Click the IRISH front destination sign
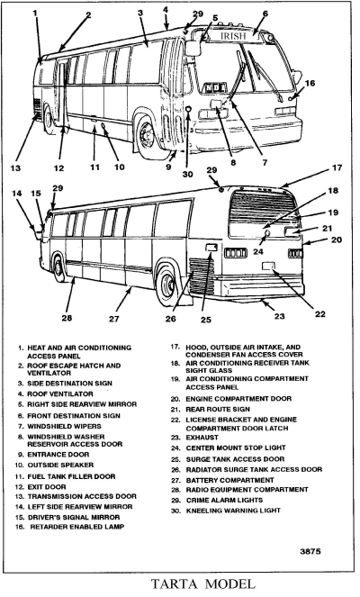(233, 36)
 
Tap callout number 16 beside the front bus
(310, 83)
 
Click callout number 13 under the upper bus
(15, 167)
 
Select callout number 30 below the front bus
(187, 174)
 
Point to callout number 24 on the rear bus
(258, 251)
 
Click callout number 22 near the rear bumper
(320, 313)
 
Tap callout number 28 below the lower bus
(67, 317)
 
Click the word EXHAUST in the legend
(202, 438)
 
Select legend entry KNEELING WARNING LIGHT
(233, 511)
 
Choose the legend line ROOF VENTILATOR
(60, 394)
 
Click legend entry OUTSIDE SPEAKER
(60, 466)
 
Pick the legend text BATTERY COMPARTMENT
(229, 481)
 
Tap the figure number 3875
(310, 551)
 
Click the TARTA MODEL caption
(202, 583)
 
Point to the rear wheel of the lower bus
(168, 284)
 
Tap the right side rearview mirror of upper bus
(193, 48)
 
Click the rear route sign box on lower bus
(292, 231)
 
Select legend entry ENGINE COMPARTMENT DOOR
(238, 399)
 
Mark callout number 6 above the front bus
(265, 14)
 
